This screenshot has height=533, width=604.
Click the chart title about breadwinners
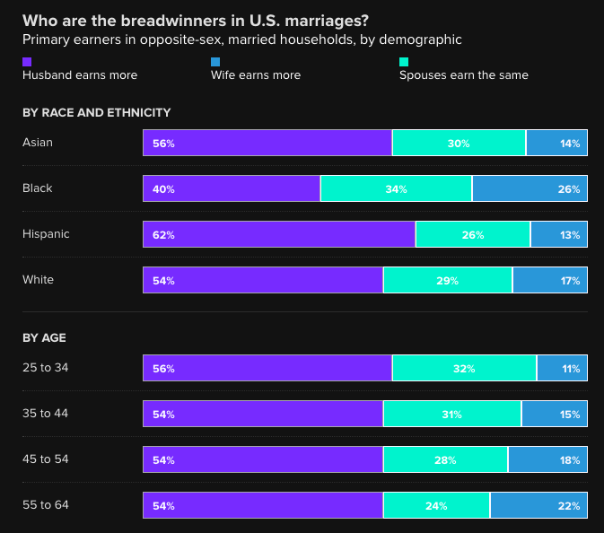[x=194, y=20]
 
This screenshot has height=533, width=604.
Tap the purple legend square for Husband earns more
[x=27, y=61]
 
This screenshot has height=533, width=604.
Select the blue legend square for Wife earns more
[x=215, y=61]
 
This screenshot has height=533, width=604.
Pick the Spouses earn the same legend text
[x=463, y=75]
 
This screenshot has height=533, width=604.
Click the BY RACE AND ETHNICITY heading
[x=96, y=112]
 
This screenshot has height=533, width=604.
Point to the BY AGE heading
[x=44, y=337]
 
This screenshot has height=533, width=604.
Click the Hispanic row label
[x=46, y=234]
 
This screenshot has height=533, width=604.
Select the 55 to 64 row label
[x=46, y=505]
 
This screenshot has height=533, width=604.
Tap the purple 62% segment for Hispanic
[x=278, y=234]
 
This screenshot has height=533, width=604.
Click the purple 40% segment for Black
[x=231, y=188]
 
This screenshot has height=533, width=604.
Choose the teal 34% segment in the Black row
[x=396, y=188]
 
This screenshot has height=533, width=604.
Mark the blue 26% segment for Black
[x=530, y=188]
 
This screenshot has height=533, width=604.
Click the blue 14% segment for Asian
[x=556, y=143]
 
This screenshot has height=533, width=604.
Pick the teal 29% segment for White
[x=448, y=280]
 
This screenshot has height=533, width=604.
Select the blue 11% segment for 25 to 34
[x=562, y=368]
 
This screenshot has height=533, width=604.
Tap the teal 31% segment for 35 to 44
[x=451, y=414]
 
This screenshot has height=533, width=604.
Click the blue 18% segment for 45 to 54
[x=547, y=459]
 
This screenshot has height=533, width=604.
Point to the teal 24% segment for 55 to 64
[x=436, y=505]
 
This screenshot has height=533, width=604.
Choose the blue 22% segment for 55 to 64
[x=538, y=505]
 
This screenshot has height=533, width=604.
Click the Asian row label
[x=39, y=143]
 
